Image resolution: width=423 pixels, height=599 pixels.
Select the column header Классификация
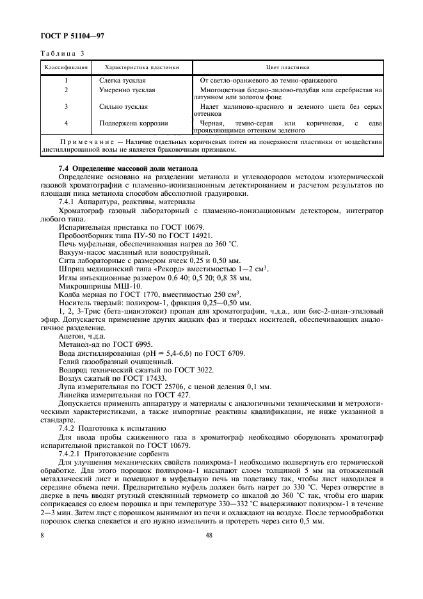coord(66,67)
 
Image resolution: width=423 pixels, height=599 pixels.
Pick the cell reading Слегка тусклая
coord(124,81)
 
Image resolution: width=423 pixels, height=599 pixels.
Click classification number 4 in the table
coord(66,123)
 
